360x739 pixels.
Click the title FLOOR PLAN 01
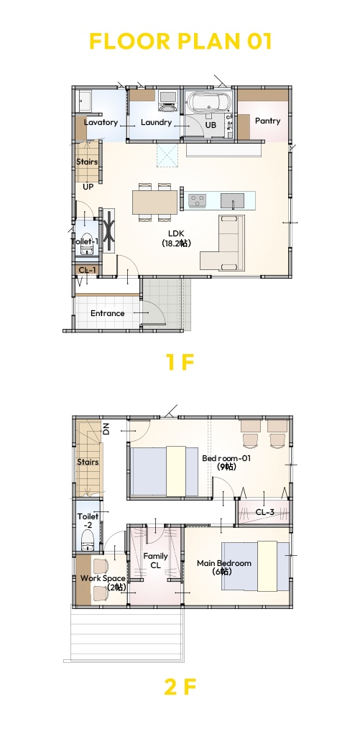180,42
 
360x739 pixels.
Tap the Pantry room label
267,121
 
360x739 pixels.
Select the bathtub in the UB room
210,101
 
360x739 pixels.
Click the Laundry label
156,123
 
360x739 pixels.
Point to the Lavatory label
101,123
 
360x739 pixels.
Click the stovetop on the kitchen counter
198,200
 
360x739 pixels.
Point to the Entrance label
108,313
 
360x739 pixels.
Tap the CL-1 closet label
87,270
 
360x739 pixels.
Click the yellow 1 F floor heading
180,362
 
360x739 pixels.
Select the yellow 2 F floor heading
180,687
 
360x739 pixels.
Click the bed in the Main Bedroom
255,566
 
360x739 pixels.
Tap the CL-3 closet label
264,512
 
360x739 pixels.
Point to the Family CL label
156,560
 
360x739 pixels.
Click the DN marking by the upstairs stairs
106,429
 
